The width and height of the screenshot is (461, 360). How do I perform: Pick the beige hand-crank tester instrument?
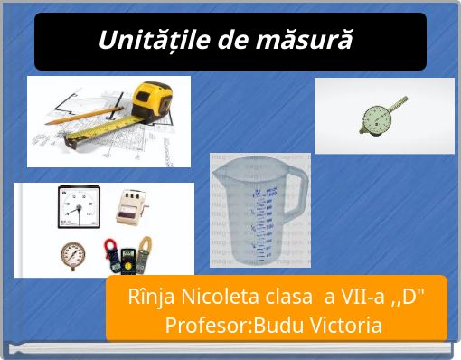coord(134,208)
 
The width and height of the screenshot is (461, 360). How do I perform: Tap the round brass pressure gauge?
coord(73,254)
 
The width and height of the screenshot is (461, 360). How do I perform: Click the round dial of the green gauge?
coord(374,118)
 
